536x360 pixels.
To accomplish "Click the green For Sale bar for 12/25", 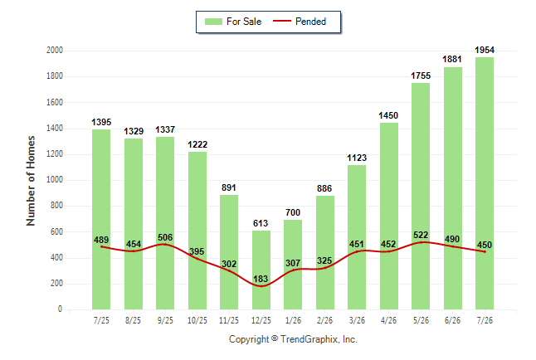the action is point(261,270).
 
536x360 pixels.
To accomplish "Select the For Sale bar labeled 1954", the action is point(485,183).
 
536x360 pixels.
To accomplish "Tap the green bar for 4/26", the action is point(389,216).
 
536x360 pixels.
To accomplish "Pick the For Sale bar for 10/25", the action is point(197,231).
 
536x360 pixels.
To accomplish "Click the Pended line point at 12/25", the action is point(261,286).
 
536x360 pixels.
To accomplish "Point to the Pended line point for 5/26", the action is point(421,242).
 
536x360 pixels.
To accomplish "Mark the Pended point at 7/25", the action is point(101,246).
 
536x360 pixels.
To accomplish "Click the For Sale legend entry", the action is point(233,22).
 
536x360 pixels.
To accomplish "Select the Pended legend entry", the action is point(300,22).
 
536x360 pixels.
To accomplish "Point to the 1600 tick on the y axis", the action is point(55,102).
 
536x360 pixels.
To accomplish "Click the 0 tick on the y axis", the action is point(61,309).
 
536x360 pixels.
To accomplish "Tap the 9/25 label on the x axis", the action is point(165,320).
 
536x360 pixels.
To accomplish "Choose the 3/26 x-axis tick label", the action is point(357,320).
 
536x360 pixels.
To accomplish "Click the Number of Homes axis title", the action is point(31,181).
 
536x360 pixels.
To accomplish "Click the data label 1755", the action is point(421,75).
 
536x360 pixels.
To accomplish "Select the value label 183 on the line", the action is point(261,279).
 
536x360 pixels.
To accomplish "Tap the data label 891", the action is point(229,187).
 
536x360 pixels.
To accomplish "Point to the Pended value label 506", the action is point(165,237).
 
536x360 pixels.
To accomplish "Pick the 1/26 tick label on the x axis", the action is point(293,320).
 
